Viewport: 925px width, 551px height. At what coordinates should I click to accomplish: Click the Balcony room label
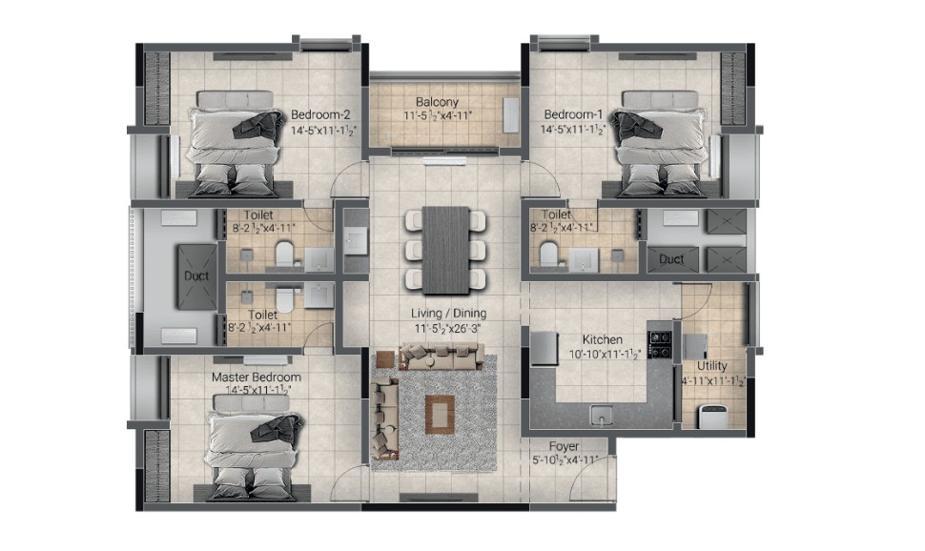[437, 102]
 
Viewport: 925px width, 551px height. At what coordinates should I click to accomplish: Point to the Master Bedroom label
[256, 377]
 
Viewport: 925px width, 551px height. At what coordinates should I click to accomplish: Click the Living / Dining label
[448, 314]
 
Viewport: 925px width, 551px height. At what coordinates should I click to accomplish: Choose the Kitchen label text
[603, 339]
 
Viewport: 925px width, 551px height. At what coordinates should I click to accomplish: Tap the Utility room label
[712, 366]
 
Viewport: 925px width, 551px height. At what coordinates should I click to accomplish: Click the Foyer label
[564, 446]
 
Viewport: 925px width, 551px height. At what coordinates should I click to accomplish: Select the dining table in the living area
[446, 250]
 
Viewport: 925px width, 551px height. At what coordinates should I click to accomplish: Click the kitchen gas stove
[660, 344]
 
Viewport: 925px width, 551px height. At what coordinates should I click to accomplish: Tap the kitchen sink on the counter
[601, 416]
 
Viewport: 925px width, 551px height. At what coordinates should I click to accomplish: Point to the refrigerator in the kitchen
[544, 348]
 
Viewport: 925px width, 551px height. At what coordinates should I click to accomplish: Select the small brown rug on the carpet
[440, 414]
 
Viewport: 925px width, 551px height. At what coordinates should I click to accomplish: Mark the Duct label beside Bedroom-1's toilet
[671, 259]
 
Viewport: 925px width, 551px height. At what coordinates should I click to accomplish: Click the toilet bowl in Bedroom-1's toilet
[549, 254]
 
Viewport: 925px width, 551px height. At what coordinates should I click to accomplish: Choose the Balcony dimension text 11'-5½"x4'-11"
[437, 115]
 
